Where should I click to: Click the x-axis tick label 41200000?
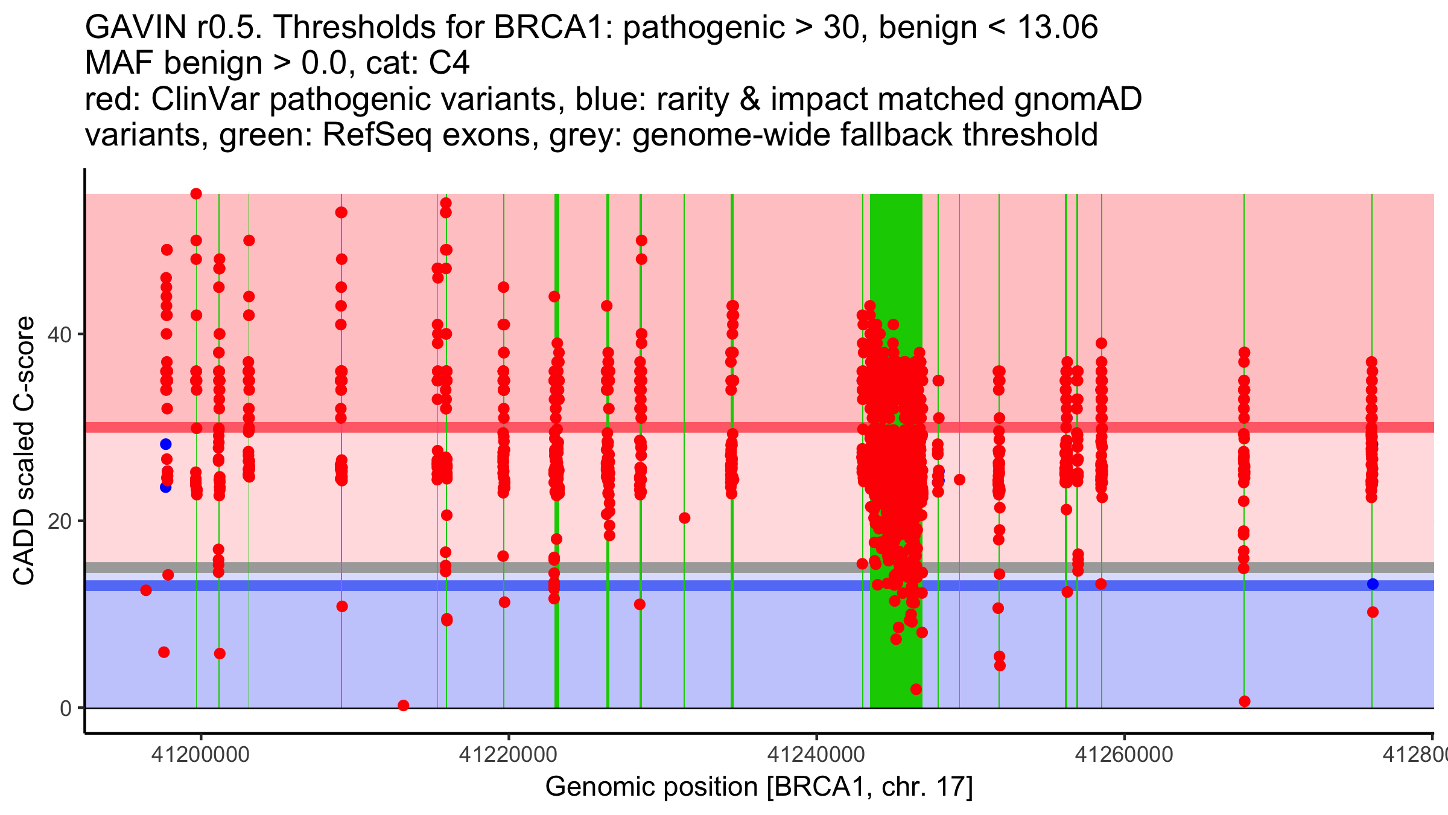click(x=200, y=755)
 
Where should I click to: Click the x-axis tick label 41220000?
click(x=509, y=755)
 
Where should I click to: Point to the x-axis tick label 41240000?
click(x=816, y=755)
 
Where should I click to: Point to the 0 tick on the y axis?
click(x=66, y=708)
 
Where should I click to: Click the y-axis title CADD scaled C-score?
click(x=24, y=451)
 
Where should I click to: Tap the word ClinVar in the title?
click(x=206, y=99)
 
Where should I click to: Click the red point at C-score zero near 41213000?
click(x=404, y=705)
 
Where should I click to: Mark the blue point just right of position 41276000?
click(x=1373, y=584)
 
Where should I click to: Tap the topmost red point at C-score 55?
click(x=196, y=194)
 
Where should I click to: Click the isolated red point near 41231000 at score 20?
click(x=684, y=518)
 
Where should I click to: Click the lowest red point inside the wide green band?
click(x=916, y=689)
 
